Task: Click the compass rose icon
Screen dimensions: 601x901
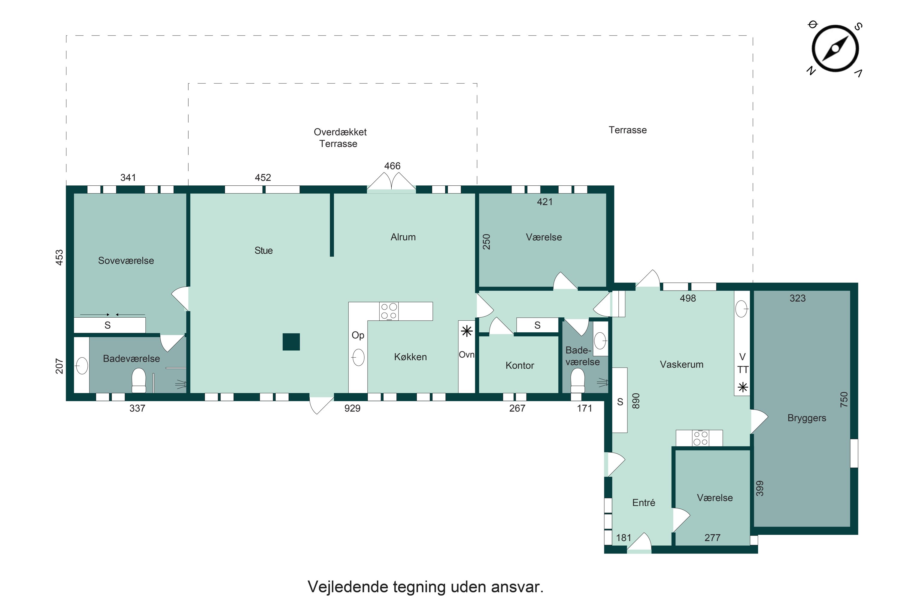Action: pos(835,49)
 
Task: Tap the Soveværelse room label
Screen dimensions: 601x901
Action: pos(126,261)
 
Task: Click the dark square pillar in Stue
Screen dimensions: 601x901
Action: pos(291,342)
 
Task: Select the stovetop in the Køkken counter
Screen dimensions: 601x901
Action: pos(389,311)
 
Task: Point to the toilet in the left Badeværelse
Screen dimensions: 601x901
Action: pos(139,380)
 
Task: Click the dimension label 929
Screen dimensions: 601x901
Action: pos(352,408)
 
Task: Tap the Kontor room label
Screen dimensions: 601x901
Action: pos(520,365)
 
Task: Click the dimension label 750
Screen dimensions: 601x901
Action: pos(844,399)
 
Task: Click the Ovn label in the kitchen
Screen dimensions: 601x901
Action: pos(467,355)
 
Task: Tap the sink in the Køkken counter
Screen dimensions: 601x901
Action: pos(358,357)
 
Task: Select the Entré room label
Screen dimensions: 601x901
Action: pos(644,502)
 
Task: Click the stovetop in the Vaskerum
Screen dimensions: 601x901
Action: pos(700,438)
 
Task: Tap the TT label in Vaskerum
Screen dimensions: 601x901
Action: pos(743,370)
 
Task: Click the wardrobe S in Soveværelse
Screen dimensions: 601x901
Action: pos(108,325)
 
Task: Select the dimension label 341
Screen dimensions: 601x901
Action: pos(128,178)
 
